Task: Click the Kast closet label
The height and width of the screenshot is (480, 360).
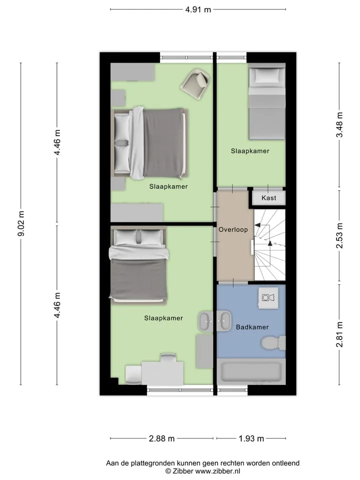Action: pos(269,198)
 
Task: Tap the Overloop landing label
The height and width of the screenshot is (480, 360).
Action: pos(233,229)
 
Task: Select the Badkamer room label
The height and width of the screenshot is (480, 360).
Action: pos(252,327)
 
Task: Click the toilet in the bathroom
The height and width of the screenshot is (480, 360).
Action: pos(273,343)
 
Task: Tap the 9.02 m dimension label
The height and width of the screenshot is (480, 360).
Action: pos(21,224)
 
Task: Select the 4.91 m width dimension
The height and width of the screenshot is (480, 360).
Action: pos(198,9)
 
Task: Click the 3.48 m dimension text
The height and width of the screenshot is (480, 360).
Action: pos(339,125)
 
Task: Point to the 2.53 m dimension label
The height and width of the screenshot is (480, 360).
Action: pos(339,235)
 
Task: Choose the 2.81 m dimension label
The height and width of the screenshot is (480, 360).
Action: pos(339,334)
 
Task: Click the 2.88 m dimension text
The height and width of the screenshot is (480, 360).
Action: pos(161,438)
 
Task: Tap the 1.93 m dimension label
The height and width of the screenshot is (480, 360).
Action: pos(251,438)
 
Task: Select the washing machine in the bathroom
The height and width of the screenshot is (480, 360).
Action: pos(268,298)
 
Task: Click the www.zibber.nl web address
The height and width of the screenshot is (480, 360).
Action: pos(217,471)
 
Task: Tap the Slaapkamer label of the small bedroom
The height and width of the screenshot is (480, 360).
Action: pos(250,151)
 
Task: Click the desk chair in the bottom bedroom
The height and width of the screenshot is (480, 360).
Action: pos(168,358)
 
